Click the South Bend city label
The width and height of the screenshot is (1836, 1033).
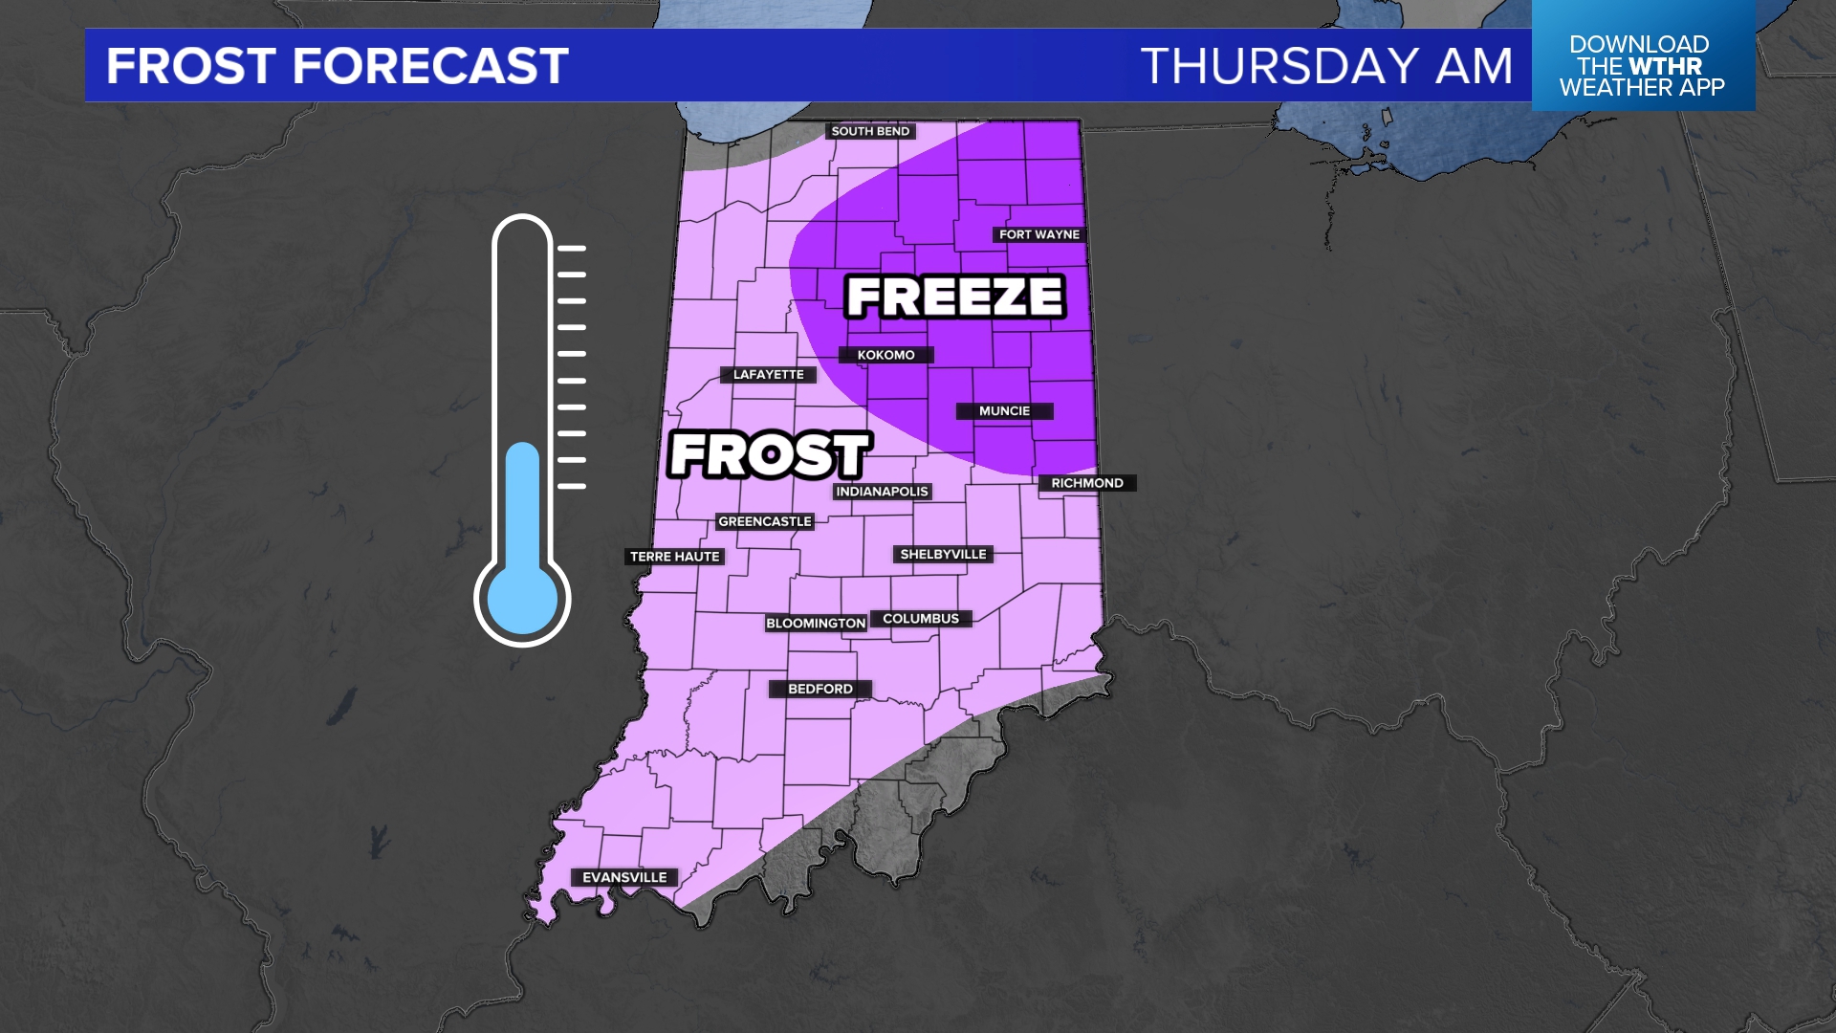(870, 131)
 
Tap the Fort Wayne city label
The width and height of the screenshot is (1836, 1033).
(1038, 234)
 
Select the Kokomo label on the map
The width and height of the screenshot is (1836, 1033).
(885, 355)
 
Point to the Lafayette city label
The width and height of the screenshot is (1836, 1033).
(768, 374)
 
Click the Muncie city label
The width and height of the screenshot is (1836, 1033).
(1004, 411)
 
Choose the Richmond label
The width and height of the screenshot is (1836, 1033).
(1087, 483)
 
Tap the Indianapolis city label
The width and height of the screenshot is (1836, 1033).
(882, 492)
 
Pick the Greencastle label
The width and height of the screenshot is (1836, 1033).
(765, 521)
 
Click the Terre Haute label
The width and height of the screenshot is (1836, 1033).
(674, 557)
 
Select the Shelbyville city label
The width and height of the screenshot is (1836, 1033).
(943, 554)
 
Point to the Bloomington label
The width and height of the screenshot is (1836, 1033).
(816, 623)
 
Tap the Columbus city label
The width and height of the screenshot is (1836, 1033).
(920, 619)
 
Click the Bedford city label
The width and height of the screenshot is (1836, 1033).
(820, 689)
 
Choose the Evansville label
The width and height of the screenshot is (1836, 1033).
(624, 877)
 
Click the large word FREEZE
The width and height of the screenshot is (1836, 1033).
(955, 297)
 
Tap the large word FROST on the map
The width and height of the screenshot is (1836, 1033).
(769, 454)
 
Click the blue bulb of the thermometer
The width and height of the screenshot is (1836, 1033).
(522, 600)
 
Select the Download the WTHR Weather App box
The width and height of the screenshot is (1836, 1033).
(1642, 65)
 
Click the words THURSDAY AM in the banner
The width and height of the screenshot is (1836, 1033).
(1327, 66)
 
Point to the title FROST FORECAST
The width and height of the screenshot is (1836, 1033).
(338, 66)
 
